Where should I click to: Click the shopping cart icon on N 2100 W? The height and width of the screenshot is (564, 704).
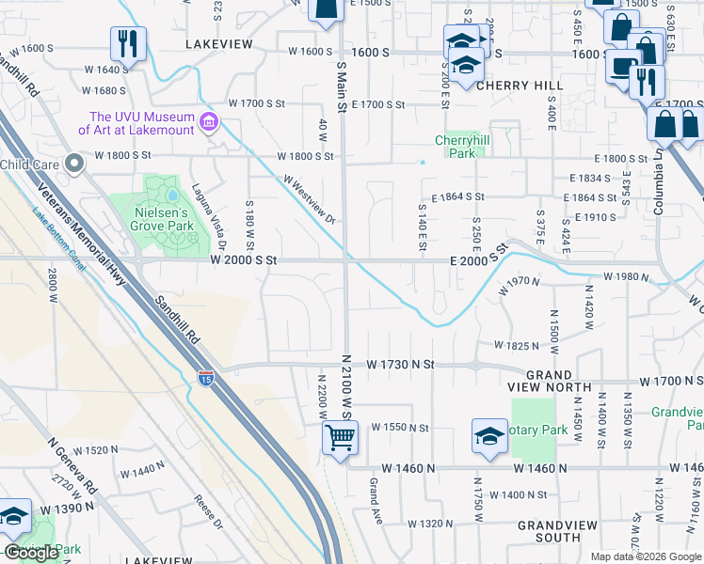339,436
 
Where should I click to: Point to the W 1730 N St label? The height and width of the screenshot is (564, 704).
400,364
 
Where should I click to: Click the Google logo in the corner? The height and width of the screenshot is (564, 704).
31,553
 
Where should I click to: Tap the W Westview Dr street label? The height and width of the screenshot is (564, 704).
309,198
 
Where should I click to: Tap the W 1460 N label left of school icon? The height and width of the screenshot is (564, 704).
409,467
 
